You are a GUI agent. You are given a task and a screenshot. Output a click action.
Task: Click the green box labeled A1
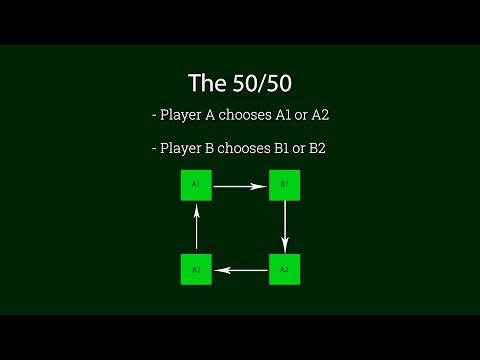pos(196,185)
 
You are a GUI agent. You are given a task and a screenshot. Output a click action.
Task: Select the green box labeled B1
pos(284,185)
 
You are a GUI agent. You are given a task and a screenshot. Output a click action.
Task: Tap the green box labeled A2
pos(284,269)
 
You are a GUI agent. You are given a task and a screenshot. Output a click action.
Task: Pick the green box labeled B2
pos(196,269)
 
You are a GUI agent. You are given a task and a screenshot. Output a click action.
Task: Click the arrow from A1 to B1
pos(240,185)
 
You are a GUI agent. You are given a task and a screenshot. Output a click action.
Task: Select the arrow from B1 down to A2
pos(285,227)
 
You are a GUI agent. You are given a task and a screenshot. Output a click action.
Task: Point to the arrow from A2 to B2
pos(240,269)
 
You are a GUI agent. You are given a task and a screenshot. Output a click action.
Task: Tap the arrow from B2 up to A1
pos(197,227)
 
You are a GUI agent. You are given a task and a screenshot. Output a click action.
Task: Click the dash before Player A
pos(155,116)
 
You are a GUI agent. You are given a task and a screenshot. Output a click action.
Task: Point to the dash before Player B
pos(155,150)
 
